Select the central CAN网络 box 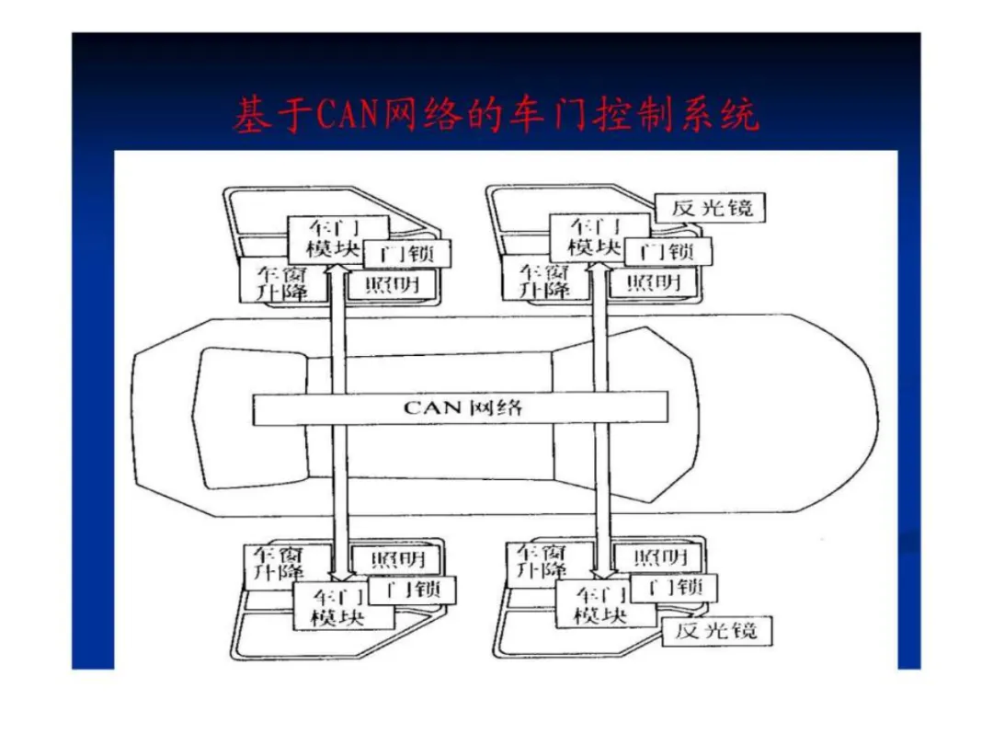coord(460,407)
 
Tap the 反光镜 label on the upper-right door coord(711,208)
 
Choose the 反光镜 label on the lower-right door coord(715,630)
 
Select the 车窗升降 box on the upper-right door coord(541,281)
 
